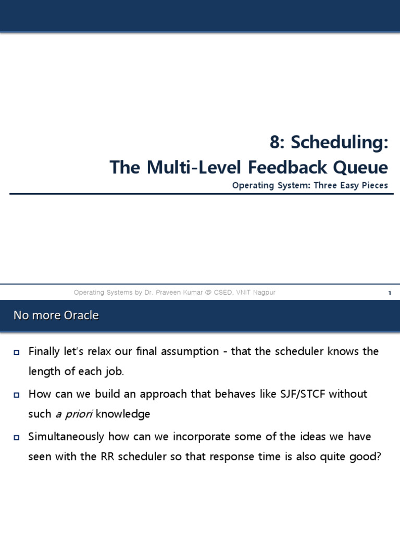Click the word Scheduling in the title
tap(339, 143)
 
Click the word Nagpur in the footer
tap(264, 293)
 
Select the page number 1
tap(389, 293)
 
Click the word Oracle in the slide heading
tap(81, 315)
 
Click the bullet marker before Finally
tap(16, 353)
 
